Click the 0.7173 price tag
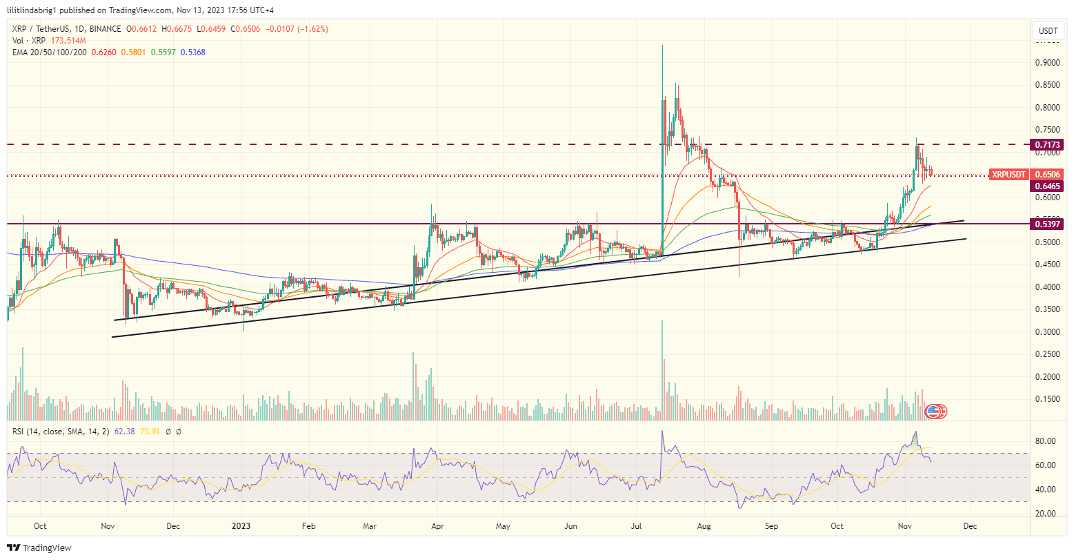tap(1048, 144)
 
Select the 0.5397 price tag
tap(1048, 224)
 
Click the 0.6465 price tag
tap(1048, 186)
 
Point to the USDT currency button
tap(1048, 31)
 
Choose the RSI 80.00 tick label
tap(1048, 441)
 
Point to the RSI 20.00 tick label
tap(1048, 514)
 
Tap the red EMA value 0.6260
tap(101, 52)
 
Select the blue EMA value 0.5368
tap(192, 52)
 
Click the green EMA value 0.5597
tap(162, 52)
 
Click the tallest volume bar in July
tap(662, 370)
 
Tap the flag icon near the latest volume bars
tap(933, 411)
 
